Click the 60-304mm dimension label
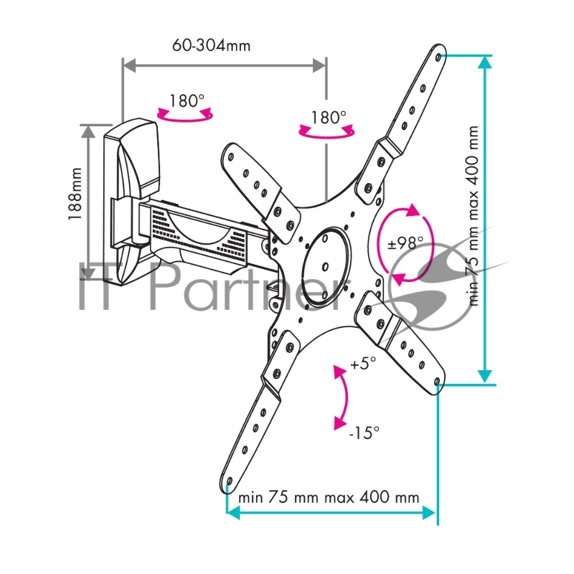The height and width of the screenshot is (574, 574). pyautogui.click(x=211, y=46)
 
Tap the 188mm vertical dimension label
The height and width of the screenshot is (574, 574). pyautogui.click(x=75, y=194)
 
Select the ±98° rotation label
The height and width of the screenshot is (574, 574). pyautogui.click(x=405, y=243)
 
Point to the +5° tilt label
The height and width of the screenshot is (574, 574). pyautogui.click(x=363, y=364)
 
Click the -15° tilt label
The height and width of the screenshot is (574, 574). pyautogui.click(x=364, y=433)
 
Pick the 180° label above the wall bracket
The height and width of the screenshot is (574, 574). pyautogui.click(x=187, y=100)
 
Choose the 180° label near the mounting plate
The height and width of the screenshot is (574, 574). pyautogui.click(x=329, y=118)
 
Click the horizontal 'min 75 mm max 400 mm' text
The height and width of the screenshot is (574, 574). pyautogui.click(x=329, y=497)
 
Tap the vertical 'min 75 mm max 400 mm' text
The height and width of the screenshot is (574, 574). pyautogui.click(x=474, y=216)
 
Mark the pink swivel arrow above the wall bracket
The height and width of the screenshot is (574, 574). pyautogui.click(x=185, y=115)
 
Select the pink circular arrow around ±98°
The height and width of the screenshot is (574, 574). pyautogui.click(x=405, y=244)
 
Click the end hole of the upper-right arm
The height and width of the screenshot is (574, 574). pyautogui.click(x=438, y=57)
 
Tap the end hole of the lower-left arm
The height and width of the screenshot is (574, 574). pyautogui.click(x=229, y=481)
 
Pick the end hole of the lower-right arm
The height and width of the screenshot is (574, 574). pyautogui.click(x=436, y=382)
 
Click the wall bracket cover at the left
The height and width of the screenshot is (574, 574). pyautogui.click(x=131, y=202)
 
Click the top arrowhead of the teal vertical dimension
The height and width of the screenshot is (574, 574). pyautogui.click(x=485, y=62)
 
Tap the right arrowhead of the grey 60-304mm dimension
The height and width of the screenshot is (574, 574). pyautogui.click(x=319, y=66)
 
